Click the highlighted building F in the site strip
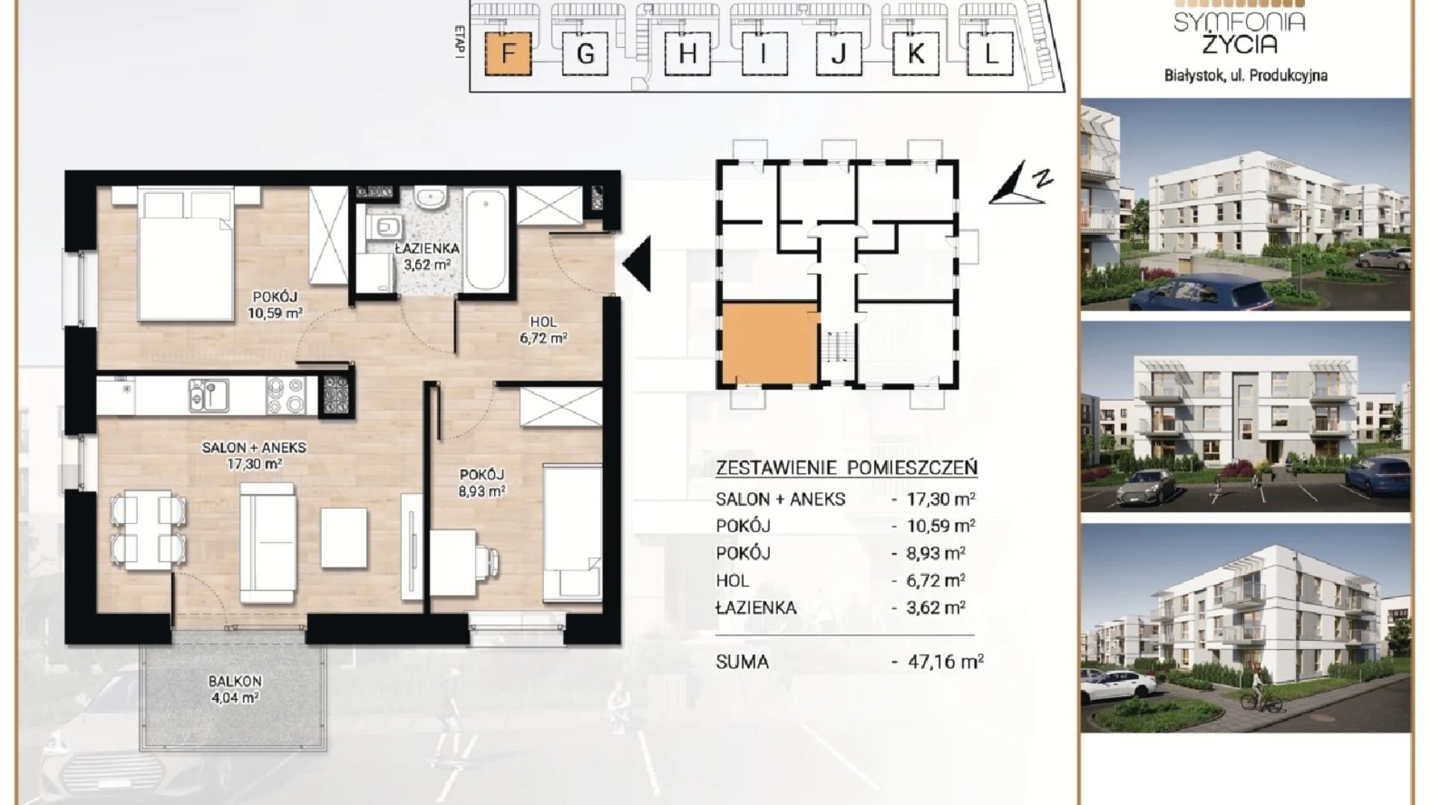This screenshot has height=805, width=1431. (x=508, y=54)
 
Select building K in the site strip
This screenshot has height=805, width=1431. (x=915, y=54)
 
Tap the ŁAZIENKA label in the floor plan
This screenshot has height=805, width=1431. (x=427, y=248)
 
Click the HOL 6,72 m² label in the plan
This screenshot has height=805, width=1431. (x=543, y=329)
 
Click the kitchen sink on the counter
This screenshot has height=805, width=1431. (x=209, y=395)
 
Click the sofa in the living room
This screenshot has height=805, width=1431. (x=268, y=542)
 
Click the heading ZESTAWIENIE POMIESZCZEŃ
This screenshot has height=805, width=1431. (x=846, y=468)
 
